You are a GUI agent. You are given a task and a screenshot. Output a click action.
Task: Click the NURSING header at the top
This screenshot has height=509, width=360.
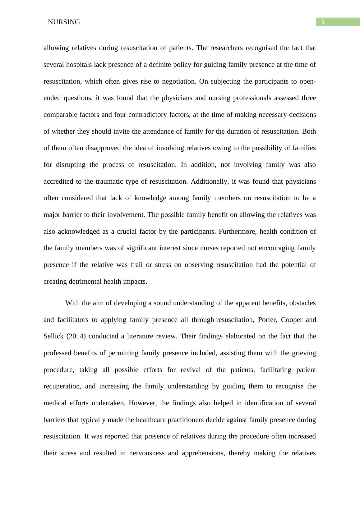[x=64, y=22]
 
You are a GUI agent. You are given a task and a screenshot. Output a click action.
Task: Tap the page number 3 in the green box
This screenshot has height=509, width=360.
[x=322, y=22]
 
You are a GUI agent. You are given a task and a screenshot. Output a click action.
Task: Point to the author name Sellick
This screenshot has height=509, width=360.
[x=53, y=336]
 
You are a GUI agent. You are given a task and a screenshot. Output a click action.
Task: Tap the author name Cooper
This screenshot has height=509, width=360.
[x=292, y=320]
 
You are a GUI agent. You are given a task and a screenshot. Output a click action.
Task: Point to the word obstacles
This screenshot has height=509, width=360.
[x=302, y=303]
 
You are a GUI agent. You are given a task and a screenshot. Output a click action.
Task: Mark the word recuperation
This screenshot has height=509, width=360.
[x=62, y=386]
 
